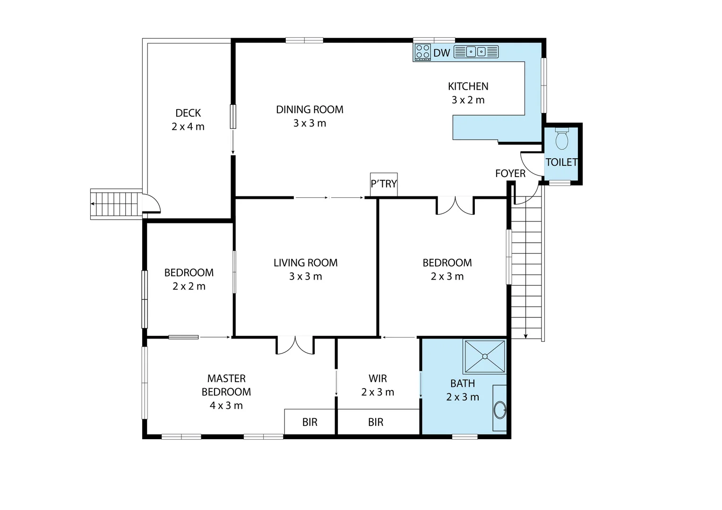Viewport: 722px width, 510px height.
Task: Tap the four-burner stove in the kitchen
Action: pos(422,52)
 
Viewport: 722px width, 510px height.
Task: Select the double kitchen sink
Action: pos(476,52)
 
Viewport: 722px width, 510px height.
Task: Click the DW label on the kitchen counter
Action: pos(442,53)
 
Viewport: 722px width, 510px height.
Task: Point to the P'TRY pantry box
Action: pos(384,184)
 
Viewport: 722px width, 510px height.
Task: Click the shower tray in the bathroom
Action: pos(485,357)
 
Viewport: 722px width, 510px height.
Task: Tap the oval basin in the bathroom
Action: pos(499,409)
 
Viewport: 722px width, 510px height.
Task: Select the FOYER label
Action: pos(510,174)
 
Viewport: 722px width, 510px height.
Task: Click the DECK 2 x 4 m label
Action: pos(188,120)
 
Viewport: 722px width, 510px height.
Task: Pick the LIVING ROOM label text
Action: pos(306,263)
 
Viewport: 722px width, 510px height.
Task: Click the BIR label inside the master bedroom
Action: pos(310,422)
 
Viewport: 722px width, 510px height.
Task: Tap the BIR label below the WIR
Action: pos(376,422)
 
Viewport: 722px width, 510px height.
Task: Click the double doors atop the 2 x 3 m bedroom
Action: pos(455,206)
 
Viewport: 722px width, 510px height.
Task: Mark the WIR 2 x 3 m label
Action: pos(378,385)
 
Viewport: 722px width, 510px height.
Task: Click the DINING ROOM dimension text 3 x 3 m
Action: pos(309,123)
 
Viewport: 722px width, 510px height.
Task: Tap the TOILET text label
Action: pos(561,162)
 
